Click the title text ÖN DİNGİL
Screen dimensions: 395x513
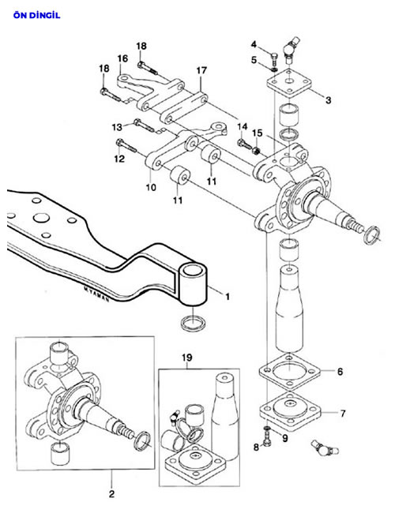coord(36,15)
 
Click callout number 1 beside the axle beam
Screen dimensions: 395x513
coord(228,297)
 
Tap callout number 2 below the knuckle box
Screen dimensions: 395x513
coord(111,494)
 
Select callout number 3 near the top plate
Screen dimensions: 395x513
coord(328,100)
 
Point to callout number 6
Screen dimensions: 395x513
coord(340,372)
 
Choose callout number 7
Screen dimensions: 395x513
coord(343,414)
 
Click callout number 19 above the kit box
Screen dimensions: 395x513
coord(187,358)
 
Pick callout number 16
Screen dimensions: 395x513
coord(122,58)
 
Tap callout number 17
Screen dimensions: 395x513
coord(201,70)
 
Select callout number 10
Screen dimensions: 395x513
coord(151,187)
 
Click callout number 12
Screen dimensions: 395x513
coord(119,159)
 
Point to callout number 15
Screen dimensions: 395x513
coord(258,133)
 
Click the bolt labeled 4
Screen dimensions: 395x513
coord(274,59)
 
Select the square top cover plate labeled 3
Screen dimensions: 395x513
coord(288,82)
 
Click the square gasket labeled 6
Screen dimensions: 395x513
coord(290,372)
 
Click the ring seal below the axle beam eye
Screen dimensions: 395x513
coord(194,324)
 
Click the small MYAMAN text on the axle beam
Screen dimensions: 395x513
coord(96,294)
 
